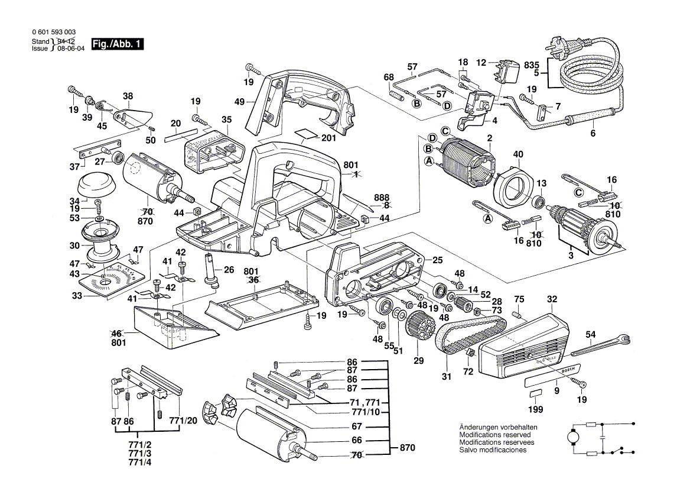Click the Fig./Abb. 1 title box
click(118, 45)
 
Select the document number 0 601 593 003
click(53, 33)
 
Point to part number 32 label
click(552, 299)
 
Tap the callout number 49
click(239, 102)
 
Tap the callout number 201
click(329, 138)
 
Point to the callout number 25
click(437, 260)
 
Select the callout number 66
click(356, 441)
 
